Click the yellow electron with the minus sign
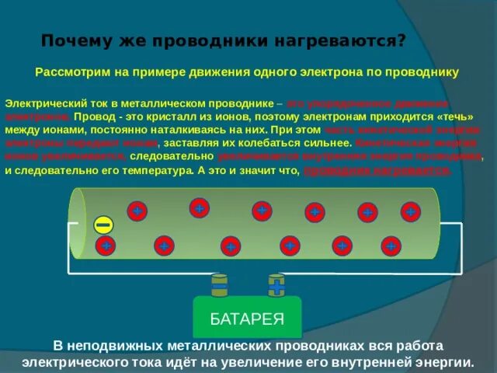[103, 225]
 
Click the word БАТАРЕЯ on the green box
[247, 319]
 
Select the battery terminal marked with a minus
[220, 286]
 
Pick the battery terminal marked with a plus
[276, 286]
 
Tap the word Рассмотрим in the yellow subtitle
[71, 71]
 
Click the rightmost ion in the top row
[410, 211]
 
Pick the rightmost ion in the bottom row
[391, 246]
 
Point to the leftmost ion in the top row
[136, 211]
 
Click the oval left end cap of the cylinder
[78, 224]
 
